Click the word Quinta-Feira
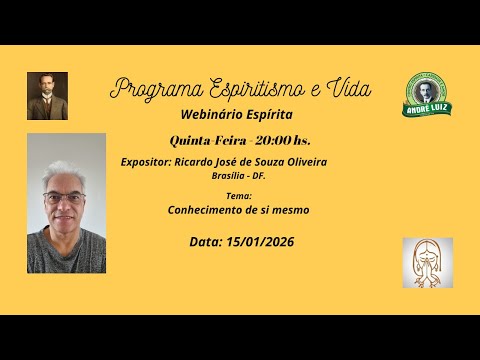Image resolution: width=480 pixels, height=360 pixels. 204,140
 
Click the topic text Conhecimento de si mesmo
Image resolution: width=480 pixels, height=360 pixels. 239,210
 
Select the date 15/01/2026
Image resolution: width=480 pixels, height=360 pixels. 261,242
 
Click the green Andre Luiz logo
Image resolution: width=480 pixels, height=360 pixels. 427,95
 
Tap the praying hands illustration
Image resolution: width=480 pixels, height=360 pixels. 427,264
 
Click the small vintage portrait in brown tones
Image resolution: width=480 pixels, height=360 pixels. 47,96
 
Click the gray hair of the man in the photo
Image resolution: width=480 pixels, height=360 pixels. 65,172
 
